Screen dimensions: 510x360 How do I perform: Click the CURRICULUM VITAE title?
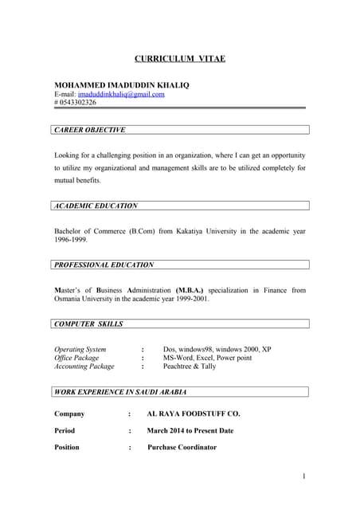(x=179, y=59)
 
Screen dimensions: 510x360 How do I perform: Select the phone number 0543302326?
(x=78, y=103)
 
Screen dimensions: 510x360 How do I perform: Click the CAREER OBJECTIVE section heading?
(x=89, y=129)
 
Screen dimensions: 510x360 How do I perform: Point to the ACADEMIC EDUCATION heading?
(x=96, y=206)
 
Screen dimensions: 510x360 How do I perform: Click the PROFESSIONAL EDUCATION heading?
(x=104, y=265)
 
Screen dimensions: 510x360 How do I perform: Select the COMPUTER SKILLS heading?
(x=88, y=324)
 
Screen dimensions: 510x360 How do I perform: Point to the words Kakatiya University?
(x=210, y=230)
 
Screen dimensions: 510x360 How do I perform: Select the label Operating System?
(x=80, y=349)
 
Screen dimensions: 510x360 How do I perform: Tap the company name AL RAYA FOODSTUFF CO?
(x=194, y=414)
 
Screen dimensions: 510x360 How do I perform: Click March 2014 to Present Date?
(x=190, y=431)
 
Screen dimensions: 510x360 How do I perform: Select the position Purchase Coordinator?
(x=182, y=448)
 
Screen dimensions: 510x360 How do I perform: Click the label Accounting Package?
(x=84, y=367)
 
